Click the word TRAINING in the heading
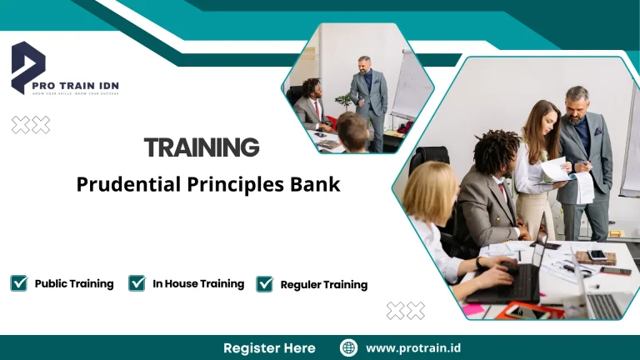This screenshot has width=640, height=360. click(201, 148)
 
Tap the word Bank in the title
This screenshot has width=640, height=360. click(317, 184)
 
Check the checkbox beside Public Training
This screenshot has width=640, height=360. click(19, 283)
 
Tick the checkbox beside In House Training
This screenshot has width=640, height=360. click(137, 283)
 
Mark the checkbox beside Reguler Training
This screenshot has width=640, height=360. click(265, 284)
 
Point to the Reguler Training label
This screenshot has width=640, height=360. click(323, 285)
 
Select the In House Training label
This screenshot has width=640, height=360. click(198, 283)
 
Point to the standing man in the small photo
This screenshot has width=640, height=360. click(367, 100)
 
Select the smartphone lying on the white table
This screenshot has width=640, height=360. click(597, 255)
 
